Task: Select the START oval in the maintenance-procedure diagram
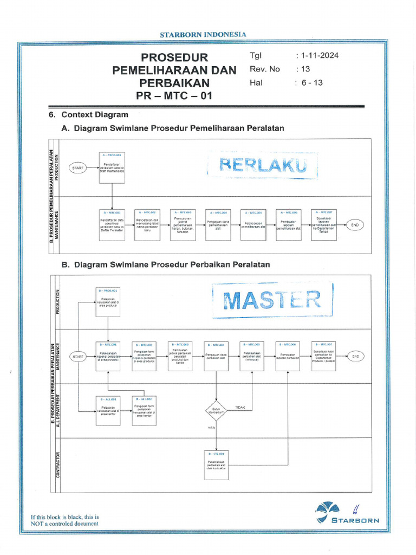78,168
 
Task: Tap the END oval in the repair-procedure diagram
355,357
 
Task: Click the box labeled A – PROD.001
112,167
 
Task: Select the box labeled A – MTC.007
323,224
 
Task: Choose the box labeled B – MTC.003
180,356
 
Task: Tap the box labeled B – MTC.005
252,356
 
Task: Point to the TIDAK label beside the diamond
240,407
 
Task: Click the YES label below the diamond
212,428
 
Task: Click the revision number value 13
304,69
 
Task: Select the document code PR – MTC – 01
174,96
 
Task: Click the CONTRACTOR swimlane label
58,465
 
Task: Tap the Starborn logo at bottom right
347,512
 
